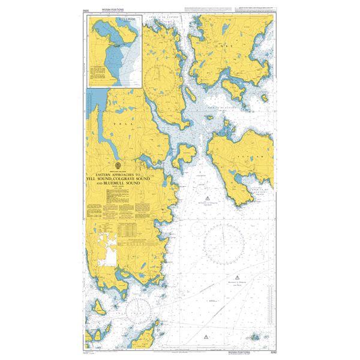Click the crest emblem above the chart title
click(118, 164)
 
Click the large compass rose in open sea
click(223, 244)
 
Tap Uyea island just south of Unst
click(232, 89)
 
